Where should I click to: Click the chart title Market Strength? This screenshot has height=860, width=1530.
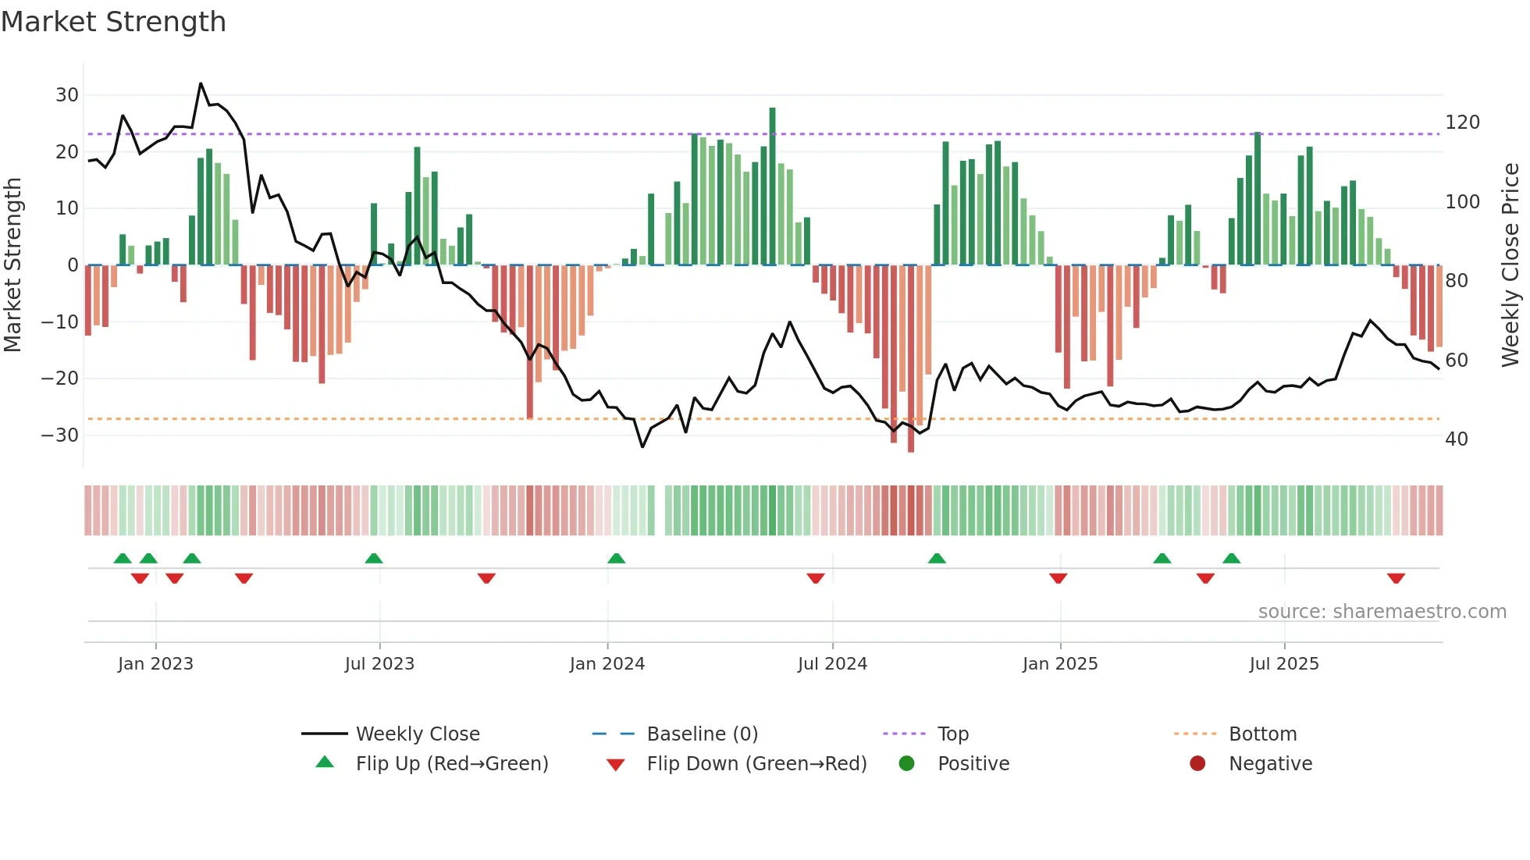pyautogui.click(x=113, y=22)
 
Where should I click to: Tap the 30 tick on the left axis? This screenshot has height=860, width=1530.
pyautogui.click(x=67, y=95)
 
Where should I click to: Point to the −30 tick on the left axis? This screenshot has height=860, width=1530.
pyautogui.click(x=61, y=435)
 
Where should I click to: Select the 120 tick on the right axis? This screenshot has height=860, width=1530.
pyautogui.click(x=1462, y=123)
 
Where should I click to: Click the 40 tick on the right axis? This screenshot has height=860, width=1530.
pyautogui.click(x=1456, y=439)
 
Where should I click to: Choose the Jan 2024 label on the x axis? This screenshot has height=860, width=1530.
pyautogui.click(x=607, y=664)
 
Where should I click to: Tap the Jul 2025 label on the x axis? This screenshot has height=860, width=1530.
pyautogui.click(x=1284, y=664)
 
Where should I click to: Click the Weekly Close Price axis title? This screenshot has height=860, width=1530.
pyautogui.click(x=1510, y=265)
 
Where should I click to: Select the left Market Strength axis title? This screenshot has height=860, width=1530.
pyautogui.click(x=13, y=265)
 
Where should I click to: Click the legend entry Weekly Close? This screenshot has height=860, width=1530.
pyautogui.click(x=418, y=734)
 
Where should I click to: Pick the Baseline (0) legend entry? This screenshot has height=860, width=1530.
pyautogui.click(x=702, y=734)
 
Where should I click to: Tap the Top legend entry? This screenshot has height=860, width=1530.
pyautogui.click(x=952, y=734)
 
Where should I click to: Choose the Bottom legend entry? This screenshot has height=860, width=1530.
pyautogui.click(x=1262, y=734)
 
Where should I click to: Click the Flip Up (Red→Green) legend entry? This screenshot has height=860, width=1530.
pyautogui.click(x=452, y=764)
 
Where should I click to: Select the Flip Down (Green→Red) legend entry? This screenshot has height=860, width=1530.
pyautogui.click(x=756, y=764)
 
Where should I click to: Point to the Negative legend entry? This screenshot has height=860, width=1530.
pyautogui.click(x=1270, y=764)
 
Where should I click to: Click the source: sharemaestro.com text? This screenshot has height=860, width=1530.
pyautogui.click(x=1382, y=612)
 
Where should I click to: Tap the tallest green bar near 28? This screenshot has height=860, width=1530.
pyautogui.click(x=772, y=187)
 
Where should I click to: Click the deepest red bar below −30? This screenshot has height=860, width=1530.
pyautogui.click(x=911, y=359)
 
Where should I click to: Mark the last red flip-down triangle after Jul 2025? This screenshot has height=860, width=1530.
pyautogui.click(x=1396, y=578)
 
